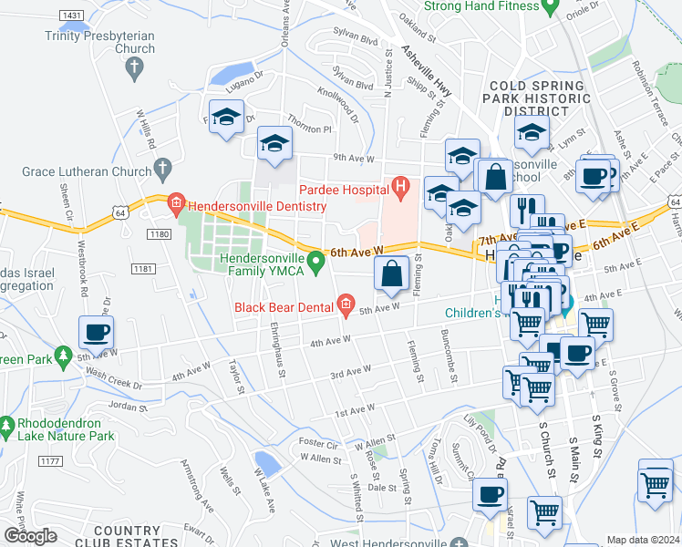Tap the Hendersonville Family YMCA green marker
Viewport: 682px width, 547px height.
click(316, 263)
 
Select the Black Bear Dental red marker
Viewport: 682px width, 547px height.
click(346, 304)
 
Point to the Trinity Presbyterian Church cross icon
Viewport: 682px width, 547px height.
click(134, 67)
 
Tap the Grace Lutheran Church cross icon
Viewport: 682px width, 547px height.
click(163, 168)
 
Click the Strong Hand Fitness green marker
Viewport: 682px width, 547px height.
click(549, 7)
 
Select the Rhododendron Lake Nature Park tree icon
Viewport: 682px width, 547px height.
click(7, 426)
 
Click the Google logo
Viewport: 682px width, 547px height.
click(30, 536)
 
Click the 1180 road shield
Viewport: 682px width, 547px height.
click(158, 235)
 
